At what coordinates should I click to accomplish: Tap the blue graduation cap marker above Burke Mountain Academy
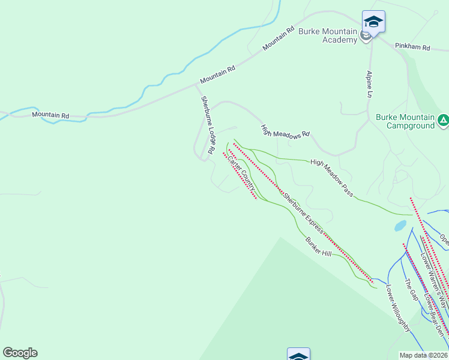(x=373, y=22)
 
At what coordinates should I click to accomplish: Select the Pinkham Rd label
(x=412, y=46)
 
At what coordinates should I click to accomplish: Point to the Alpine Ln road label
(x=370, y=85)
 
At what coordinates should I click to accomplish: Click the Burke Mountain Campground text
(x=405, y=121)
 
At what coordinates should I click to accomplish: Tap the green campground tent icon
(x=443, y=121)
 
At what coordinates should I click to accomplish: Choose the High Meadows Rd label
(x=285, y=131)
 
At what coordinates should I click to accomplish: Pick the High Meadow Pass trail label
(x=332, y=178)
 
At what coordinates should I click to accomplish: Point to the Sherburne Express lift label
(x=304, y=212)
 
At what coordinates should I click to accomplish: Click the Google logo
(x=20, y=353)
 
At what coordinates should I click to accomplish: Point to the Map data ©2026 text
(x=424, y=355)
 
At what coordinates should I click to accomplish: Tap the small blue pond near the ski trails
(x=400, y=226)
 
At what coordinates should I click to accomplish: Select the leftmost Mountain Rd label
(x=50, y=115)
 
